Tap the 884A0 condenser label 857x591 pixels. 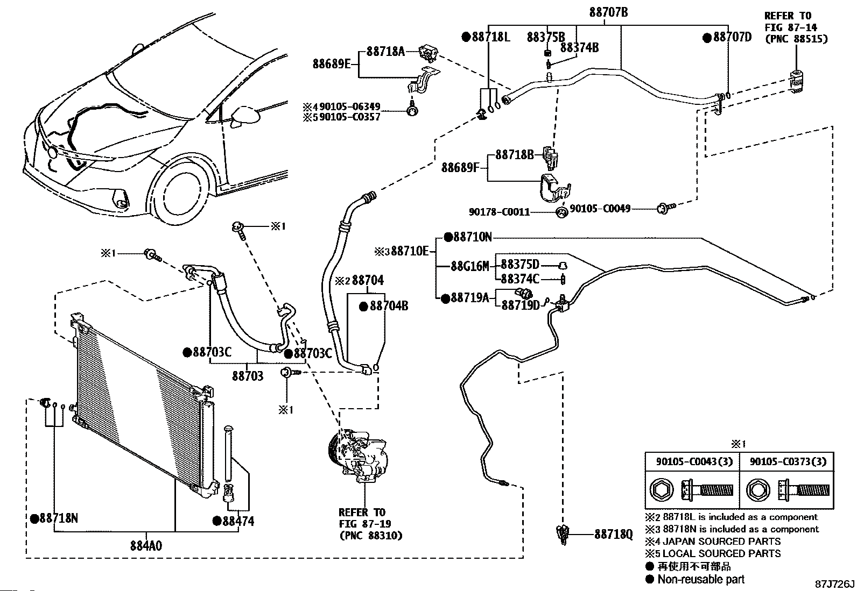[146, 546]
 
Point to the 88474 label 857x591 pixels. [237, 521]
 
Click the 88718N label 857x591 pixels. [58, 518]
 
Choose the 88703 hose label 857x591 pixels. [248, 375]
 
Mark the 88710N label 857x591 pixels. [472, 237]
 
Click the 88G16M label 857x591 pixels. [470, 266]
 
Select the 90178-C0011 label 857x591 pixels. [499, 212]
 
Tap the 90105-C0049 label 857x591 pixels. [600, 208]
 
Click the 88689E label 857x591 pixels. [332, 64]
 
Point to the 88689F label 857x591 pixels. [460, 167]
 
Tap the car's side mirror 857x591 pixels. [244, 117]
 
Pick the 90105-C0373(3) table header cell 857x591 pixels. [788, 461]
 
